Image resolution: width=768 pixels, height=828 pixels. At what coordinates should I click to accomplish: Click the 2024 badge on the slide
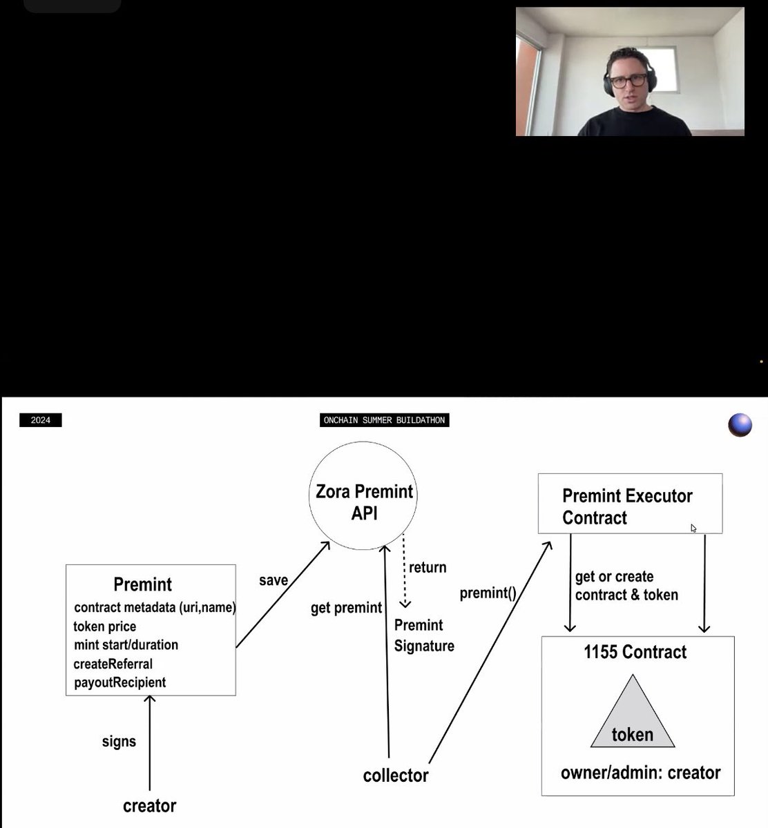[x=41, y=420]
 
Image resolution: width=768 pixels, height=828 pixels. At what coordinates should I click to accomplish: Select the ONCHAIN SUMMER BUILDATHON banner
[x=385, y=420]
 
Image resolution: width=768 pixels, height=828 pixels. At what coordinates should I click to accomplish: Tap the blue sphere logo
[x=740, y=425]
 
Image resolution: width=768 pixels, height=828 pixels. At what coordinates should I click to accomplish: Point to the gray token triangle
[x=633, y=713]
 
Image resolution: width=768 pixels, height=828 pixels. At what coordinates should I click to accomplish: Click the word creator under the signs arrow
[x=149, y=806]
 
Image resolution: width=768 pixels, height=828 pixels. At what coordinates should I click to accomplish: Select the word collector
[x=396, y=776]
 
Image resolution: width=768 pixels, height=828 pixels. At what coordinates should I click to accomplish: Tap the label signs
[x=119, y=741]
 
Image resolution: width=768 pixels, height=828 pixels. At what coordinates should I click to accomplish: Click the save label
[x=273, y=580]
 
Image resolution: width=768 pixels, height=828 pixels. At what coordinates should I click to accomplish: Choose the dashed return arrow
[x=404, y=571]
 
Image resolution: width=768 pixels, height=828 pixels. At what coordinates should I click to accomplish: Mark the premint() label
[x=488, y=593]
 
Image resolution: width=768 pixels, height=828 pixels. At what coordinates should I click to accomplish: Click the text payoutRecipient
[x=119, y=682]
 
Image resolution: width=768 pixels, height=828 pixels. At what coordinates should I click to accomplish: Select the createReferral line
[x=113, y=664]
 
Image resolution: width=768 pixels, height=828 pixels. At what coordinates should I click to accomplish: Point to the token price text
[x=105, y=627]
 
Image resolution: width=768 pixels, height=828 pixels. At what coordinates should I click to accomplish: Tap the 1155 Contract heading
[x=635, y=652]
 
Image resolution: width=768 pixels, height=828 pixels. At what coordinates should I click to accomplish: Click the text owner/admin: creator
[x=641, y=773]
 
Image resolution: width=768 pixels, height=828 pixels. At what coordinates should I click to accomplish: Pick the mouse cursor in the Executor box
[x=693, y=529]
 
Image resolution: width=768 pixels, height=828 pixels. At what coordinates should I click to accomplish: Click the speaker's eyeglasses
[x=628, y=81]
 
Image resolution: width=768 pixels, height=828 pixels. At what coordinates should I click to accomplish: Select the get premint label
[x=346, y=608]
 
